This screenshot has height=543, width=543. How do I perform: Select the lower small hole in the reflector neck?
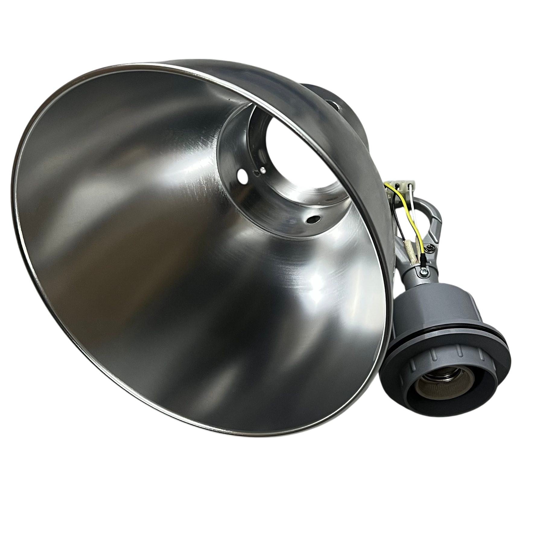pyautogui.click(x=315, y=218)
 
